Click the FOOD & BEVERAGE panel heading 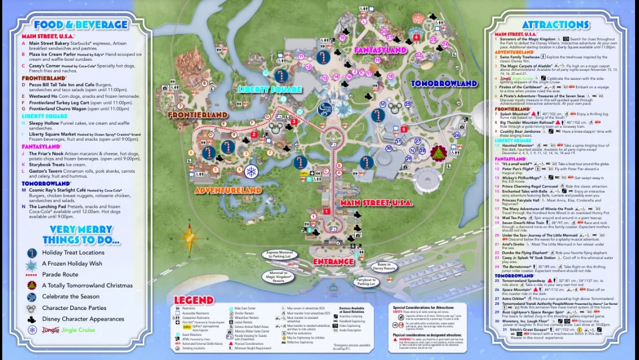[x=80, y=25]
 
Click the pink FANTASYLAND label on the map [x=380, y=50]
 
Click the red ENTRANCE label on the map [x=334, y=262]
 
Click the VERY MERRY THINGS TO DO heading [x=84, y=234]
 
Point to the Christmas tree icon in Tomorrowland [x=438, y=153]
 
